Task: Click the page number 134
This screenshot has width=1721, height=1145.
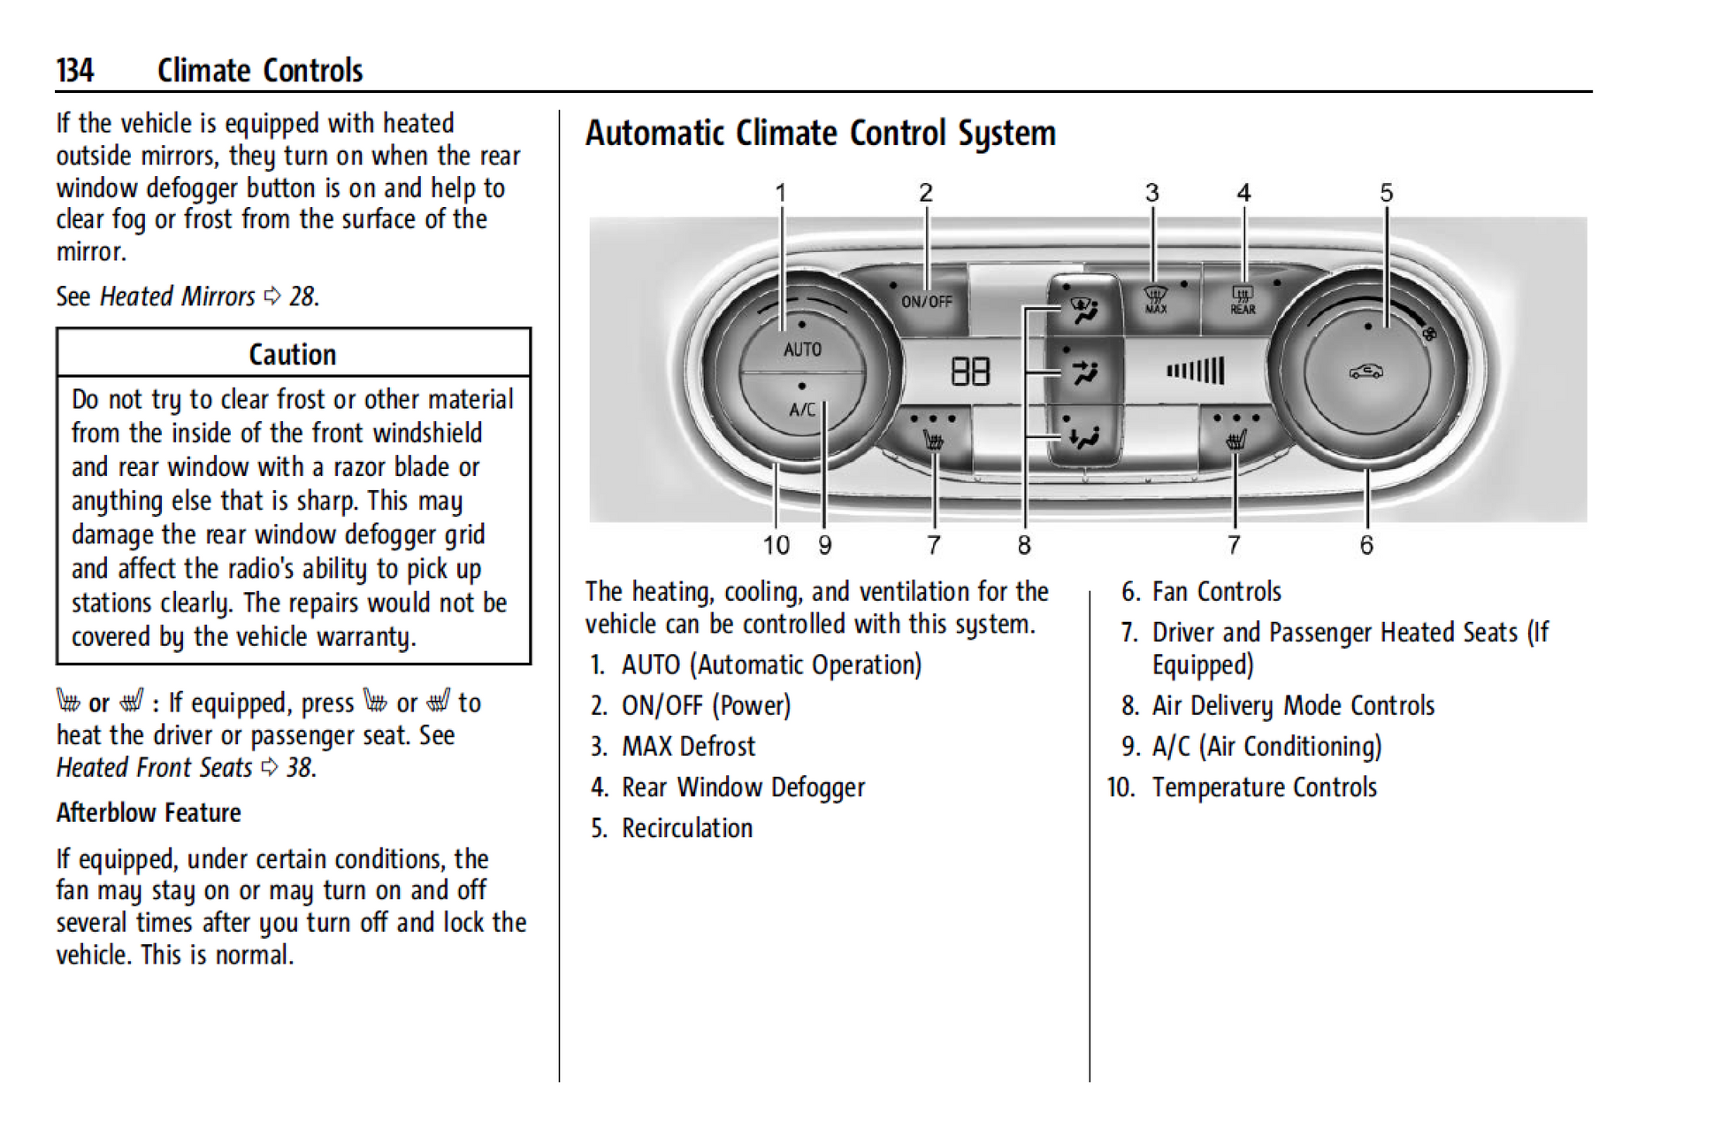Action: [75, 70]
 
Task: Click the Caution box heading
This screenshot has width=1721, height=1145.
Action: [293, 354]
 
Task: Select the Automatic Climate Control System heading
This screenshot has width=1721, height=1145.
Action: [820, 134]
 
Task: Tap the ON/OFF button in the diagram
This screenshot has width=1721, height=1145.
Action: [926, 302]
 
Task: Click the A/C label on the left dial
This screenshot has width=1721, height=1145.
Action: [802, 409]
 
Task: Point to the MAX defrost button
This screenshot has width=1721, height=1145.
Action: [1155, 299]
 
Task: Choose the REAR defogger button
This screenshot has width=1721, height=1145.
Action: [1243, 300]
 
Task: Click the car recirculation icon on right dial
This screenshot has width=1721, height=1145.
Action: [1365, 372]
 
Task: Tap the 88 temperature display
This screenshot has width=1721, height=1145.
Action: [969, 372]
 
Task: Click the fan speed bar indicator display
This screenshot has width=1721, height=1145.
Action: [1196, 371]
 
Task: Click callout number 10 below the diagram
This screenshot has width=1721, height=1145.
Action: [776, 545]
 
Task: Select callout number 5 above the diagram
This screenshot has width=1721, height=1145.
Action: [1386, 193]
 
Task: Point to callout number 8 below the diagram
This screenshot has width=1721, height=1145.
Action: [1024, 545]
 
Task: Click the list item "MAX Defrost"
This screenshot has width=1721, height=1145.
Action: [688, 746]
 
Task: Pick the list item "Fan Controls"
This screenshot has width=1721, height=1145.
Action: [1216, 591]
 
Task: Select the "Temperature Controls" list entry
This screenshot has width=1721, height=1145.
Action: [1264, 787]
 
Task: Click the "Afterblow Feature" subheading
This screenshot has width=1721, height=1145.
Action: [149, 812]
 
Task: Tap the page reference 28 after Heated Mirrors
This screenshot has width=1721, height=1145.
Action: [302, 296]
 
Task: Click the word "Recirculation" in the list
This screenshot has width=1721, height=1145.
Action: [687, 827]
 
